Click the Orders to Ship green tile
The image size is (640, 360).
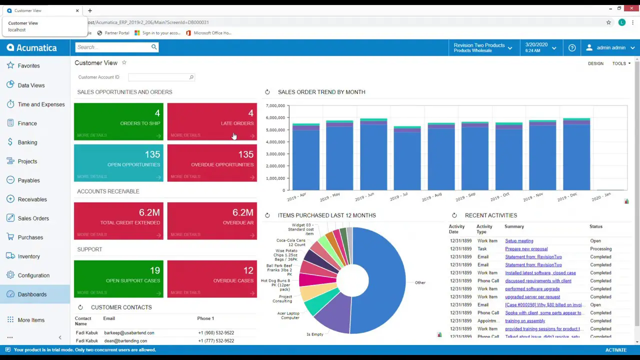pos(118,121)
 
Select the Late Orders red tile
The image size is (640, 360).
pos(212,121)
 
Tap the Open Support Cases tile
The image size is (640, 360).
pos(118,279)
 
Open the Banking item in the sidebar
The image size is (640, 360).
pos(27,142)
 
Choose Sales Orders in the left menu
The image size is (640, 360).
pos(33,218)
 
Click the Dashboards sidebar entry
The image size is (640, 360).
pos(32,294)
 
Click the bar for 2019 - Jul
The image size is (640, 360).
pos(407,160)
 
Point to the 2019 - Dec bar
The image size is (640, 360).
pos(576,155)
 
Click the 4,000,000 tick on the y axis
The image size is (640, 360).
pos(275,142)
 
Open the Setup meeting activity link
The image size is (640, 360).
pos(519,241)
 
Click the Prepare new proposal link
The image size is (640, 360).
pos(526,249)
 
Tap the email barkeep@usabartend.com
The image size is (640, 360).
pos(129,333)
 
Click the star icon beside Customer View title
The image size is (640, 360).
pos(124,63)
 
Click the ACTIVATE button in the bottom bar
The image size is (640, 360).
pos(615,350)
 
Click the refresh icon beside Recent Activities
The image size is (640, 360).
pos(454,215)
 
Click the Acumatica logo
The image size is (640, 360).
pos(32,48)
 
